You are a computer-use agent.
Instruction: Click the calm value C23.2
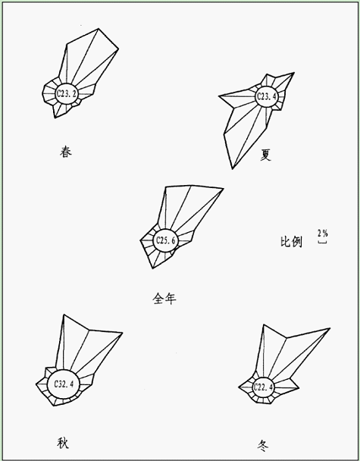(67, 93)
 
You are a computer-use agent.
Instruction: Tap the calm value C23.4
(267, 96)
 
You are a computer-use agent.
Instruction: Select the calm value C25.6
(165, 240)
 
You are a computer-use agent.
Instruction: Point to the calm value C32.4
(64, 384)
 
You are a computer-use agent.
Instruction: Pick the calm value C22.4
(263, 387)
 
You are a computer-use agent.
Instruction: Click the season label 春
(65, 152)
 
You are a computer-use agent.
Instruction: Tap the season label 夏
(265, 155)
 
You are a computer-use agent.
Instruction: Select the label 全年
(164, 299)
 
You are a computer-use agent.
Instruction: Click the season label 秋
(63, 443)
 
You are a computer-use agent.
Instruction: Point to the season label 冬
(263, 445)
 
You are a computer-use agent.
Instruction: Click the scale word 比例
(291, 242)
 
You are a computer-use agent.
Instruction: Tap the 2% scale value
(322, 234)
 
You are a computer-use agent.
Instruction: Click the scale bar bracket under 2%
(322, 243)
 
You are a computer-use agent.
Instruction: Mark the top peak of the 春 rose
(99, 29)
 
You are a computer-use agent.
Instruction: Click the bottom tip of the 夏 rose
(233, 169)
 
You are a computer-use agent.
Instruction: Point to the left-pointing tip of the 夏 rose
(219, 96)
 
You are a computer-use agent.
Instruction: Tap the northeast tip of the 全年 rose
(224, 188)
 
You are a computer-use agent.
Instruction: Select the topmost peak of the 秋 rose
(64, 315)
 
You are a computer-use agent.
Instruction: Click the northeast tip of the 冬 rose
(330, 328)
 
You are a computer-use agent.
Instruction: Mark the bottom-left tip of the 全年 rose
(152, 268)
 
